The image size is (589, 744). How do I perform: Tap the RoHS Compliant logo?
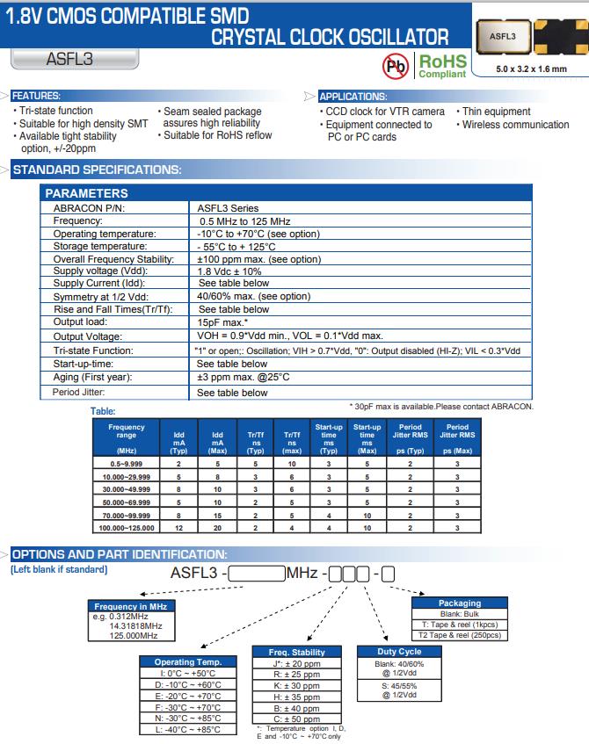[x=442, y=64]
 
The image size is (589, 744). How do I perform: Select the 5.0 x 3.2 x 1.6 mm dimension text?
[x=530, y=69]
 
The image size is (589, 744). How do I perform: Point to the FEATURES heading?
[x=35, y=96]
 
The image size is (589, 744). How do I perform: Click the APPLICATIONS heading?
[x=352, y=96]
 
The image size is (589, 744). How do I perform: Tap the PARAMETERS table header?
[x=86, y=193]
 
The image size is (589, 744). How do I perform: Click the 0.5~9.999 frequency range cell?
[x=126, y=461]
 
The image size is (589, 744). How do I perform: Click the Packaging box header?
[x=460, y=603]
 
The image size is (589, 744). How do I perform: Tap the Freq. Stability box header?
[x=296, y=652]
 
